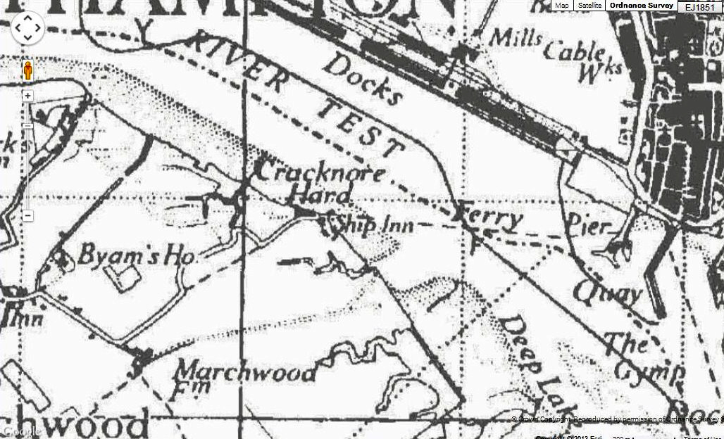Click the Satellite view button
click(590, 5)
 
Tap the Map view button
click(562, 5)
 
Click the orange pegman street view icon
click(27, 71)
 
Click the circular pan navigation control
click(27, 27)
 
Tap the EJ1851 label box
click(699, 6)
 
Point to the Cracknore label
click(320, 173)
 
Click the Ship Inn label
click(374, 224)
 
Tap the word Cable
click(573, 51)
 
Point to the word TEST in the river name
click(360, 126)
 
